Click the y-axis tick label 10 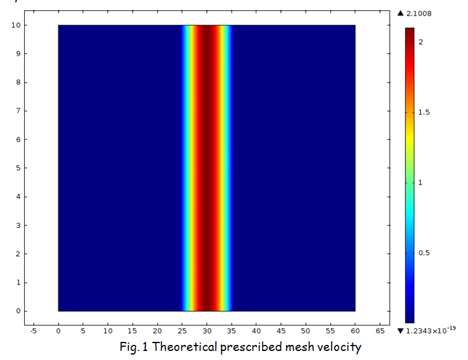click(16, 25)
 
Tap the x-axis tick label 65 click(380, 330)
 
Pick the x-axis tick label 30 click(207, 330)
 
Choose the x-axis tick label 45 click(281, 330)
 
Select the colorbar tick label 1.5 click(424, 113)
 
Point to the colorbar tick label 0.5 click(424, 253)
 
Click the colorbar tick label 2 click(421, 42)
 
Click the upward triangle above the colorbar click(400, 13)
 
